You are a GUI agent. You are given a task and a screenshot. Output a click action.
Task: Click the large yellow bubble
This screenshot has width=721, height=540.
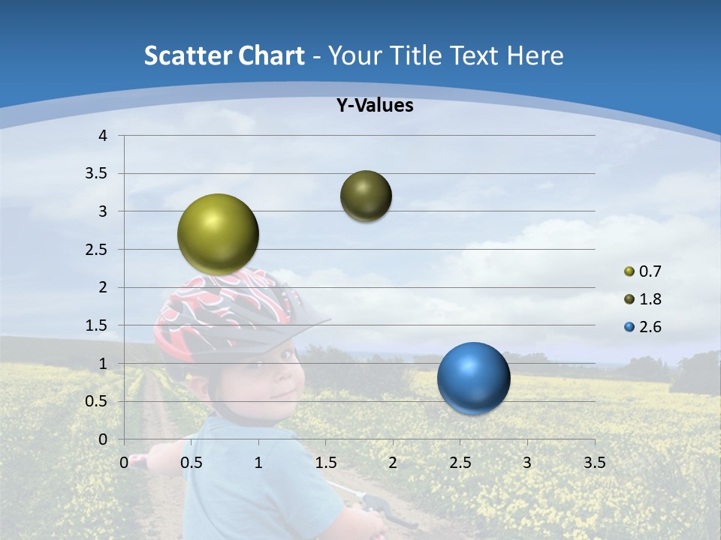218,234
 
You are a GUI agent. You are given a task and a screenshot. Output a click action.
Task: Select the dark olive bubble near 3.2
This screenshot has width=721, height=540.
366,196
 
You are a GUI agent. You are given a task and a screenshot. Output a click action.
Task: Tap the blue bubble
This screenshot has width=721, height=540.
473,378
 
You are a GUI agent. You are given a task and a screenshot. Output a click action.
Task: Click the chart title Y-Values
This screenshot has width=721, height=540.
374,106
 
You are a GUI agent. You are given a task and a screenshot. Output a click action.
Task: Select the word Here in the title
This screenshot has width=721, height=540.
535,55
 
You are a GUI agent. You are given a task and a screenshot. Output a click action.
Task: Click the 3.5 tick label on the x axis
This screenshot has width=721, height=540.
594,463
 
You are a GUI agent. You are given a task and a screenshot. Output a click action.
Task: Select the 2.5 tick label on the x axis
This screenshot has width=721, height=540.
460,463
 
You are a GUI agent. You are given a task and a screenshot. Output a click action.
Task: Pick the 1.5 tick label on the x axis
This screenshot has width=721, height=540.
325,463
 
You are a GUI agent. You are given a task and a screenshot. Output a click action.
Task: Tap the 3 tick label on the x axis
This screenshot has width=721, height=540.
526,463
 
